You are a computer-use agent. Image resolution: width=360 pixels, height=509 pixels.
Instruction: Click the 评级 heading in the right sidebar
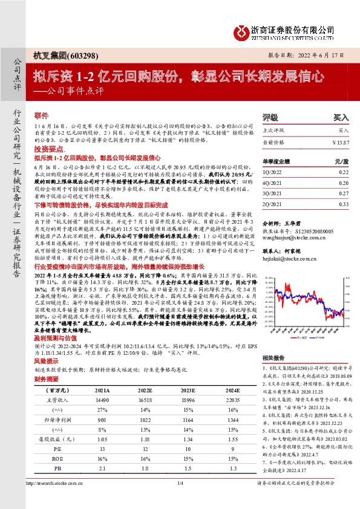pos(270,118)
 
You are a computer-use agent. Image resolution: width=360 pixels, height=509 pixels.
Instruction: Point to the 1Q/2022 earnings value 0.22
pos(344,172)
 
